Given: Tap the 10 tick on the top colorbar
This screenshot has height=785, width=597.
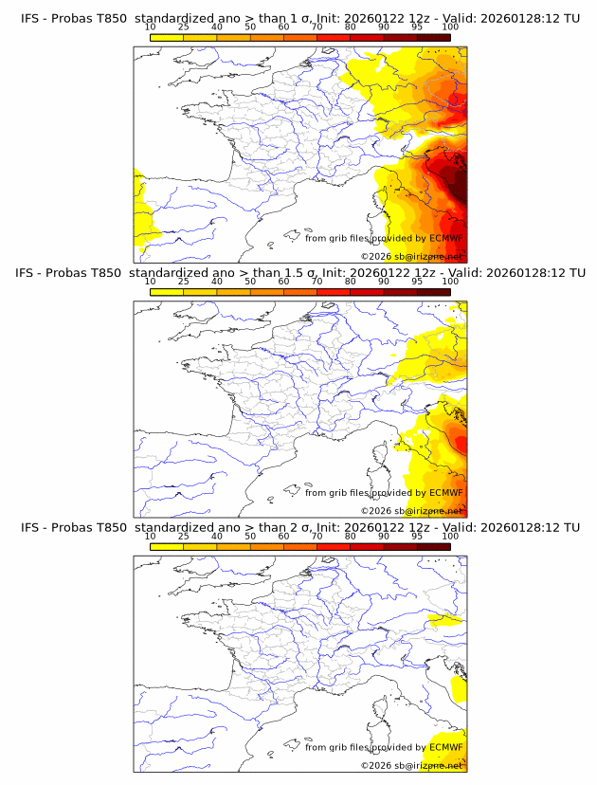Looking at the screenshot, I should pyautogui.click(x=151, y=27).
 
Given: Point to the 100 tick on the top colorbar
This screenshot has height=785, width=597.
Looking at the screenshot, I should pyautogui.click(x=450, y=27).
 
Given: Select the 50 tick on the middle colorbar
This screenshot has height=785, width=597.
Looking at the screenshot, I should pyautogui.click(x=250, y=281).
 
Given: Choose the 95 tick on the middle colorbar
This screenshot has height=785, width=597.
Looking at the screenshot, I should pyautogui.click(x=417, y=281).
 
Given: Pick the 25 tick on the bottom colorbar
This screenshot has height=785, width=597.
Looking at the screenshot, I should pyautogui.click(x=184, y=535).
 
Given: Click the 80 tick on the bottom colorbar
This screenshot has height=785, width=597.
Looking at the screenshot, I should pyautogui.click(x=351, y=535).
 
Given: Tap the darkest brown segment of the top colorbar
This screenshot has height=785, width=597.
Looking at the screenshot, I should pyautogui.click(x=433, y=37).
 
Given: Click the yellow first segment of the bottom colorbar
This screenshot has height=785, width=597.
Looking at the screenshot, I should pyautogui.click(x=167, y=545).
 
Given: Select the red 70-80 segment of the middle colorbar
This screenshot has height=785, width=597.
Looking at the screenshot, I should pyautogui.click(x=334, y=291).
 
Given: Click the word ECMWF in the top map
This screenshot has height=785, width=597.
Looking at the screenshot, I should pyautogui.click(x=445, y=239).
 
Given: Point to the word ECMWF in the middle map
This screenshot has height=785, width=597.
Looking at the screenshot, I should pyautogui.click(x=445, y=493).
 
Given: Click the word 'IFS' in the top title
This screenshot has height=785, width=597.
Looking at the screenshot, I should pyautogui.click(x=31, y=19).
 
